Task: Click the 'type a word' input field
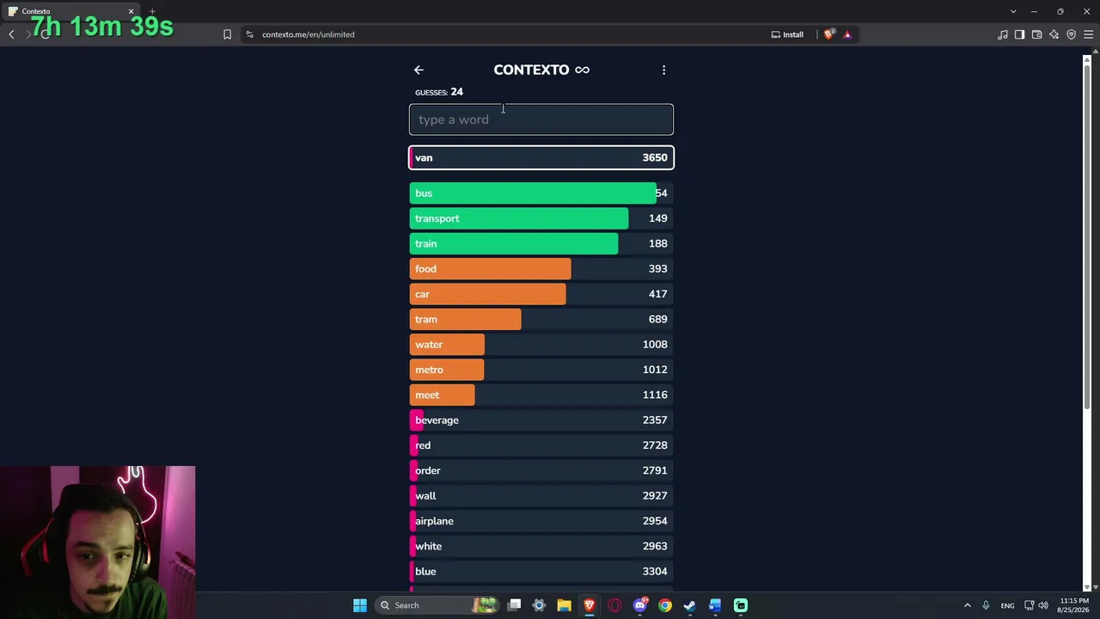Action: tap(541, 120)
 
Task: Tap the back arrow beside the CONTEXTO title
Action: tap(419, 70)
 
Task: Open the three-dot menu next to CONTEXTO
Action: tap(663, 70)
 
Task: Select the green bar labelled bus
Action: tap(533, 193)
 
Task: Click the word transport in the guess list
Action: tap(437, 218)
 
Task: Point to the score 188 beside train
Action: tap(657, 243)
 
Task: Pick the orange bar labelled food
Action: tap(490, 269)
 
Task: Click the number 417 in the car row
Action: tap(657, 294)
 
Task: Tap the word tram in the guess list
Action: tap(425, 319)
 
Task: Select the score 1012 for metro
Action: tap(655, 370)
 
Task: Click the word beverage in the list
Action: tap(437, 420)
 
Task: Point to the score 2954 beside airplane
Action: tap(655, 521)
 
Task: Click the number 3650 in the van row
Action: tap(655, 157)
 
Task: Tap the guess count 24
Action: tap(456, 92)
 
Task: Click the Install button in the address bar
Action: tap(787, 34)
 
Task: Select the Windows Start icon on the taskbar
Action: tap(360, 605)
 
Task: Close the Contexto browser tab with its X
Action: tap(131, 11)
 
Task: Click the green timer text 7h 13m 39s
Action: tap(102, 26)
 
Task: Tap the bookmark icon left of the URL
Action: tap(227, 34)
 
